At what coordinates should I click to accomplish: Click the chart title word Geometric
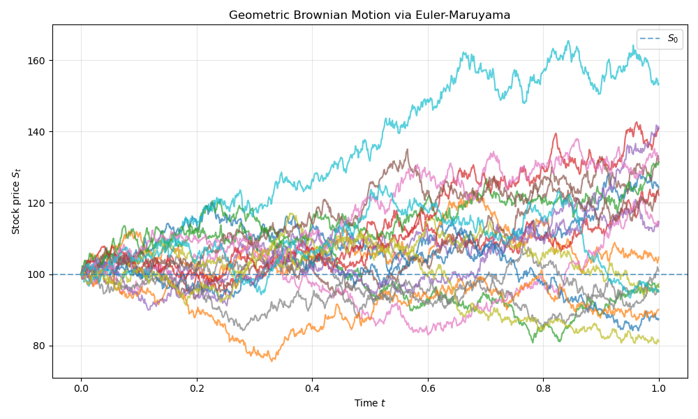pyautogui.click(x=257, y=15)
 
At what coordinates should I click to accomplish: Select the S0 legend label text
pyautogui.click(x=673, y=39)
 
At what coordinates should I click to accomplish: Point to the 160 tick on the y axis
pyautogui.click(x=37, y=60)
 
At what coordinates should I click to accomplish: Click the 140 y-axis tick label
pyautogui.click(x=37, y=131)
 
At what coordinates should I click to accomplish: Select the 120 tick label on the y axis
pyautogui.click(x=37, y=203)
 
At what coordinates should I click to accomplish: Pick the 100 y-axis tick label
pyautogui.click(x=37, y=274)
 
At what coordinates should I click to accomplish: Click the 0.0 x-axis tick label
pyautogui.click(x=81, y=389)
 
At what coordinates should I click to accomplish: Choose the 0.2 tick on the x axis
pyautogui.click(x=197, y=389)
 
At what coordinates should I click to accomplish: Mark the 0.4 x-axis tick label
pyautogui.click(x=312, y=389)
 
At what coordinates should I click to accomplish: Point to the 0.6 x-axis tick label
pyautogui.click(x=428, y=389)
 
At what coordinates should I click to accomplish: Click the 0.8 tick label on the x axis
pyautogui.click(x=543, y=389)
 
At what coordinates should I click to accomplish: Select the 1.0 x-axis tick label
pyautogui.click(x=659, y=389)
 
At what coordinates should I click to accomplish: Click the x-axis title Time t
pyautogui.click(x=369, y=403)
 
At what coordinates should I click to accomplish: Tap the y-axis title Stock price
pyautogui.click(x=15, y=201)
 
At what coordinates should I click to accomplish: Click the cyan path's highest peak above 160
pyautogui.click(x=568, y=41)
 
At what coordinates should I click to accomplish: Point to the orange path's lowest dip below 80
pyautogui.click(x=272, y=360)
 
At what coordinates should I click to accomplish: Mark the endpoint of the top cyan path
pyautogui.click(x=658, y=84)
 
